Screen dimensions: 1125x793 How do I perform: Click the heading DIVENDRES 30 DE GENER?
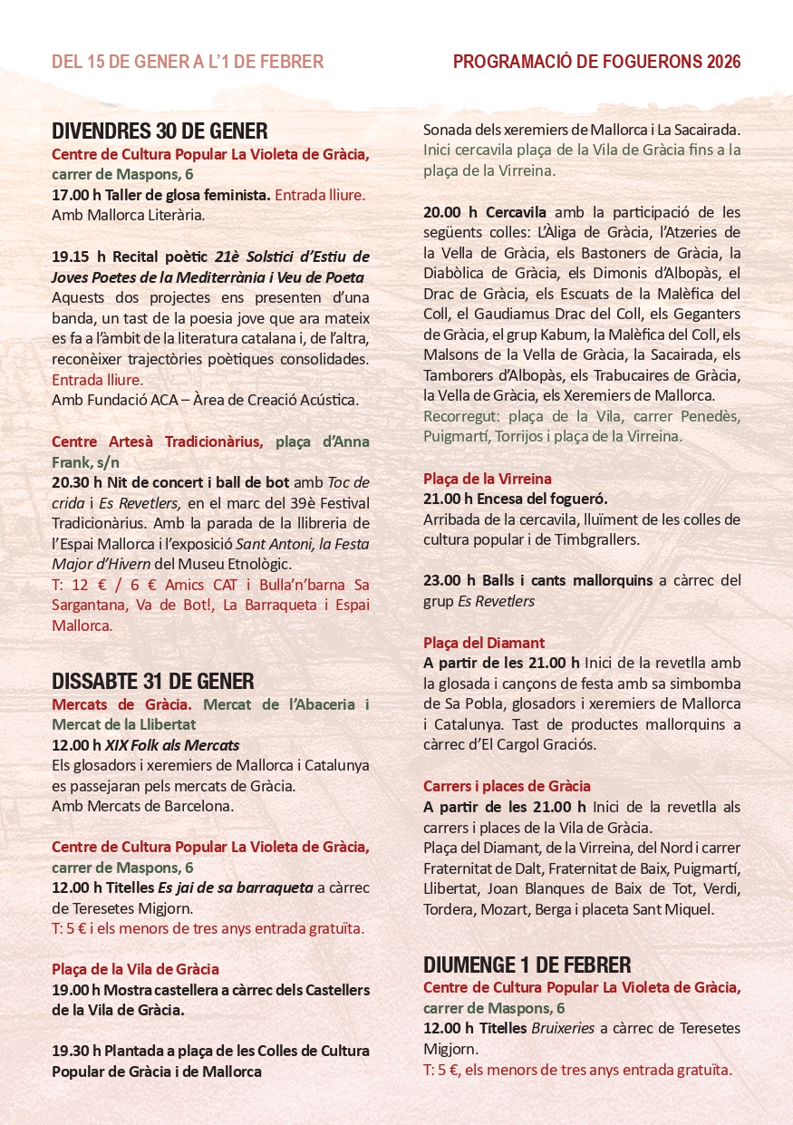pos(160,131)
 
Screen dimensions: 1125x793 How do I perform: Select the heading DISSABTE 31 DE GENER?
pos(152,681)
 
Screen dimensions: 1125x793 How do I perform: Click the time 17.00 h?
pos(75,195)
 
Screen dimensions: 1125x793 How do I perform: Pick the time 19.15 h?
pos(75,256)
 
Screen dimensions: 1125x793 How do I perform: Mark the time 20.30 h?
pos(75,482)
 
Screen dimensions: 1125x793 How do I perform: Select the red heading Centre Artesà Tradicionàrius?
pos(158,441)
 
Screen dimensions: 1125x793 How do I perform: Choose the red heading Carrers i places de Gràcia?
pos(507,786)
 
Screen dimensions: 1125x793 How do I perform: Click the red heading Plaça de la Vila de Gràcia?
pos(135,969)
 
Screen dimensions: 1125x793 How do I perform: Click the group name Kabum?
pos(570,335)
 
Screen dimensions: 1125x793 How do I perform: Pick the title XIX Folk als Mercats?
pos(172,745)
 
